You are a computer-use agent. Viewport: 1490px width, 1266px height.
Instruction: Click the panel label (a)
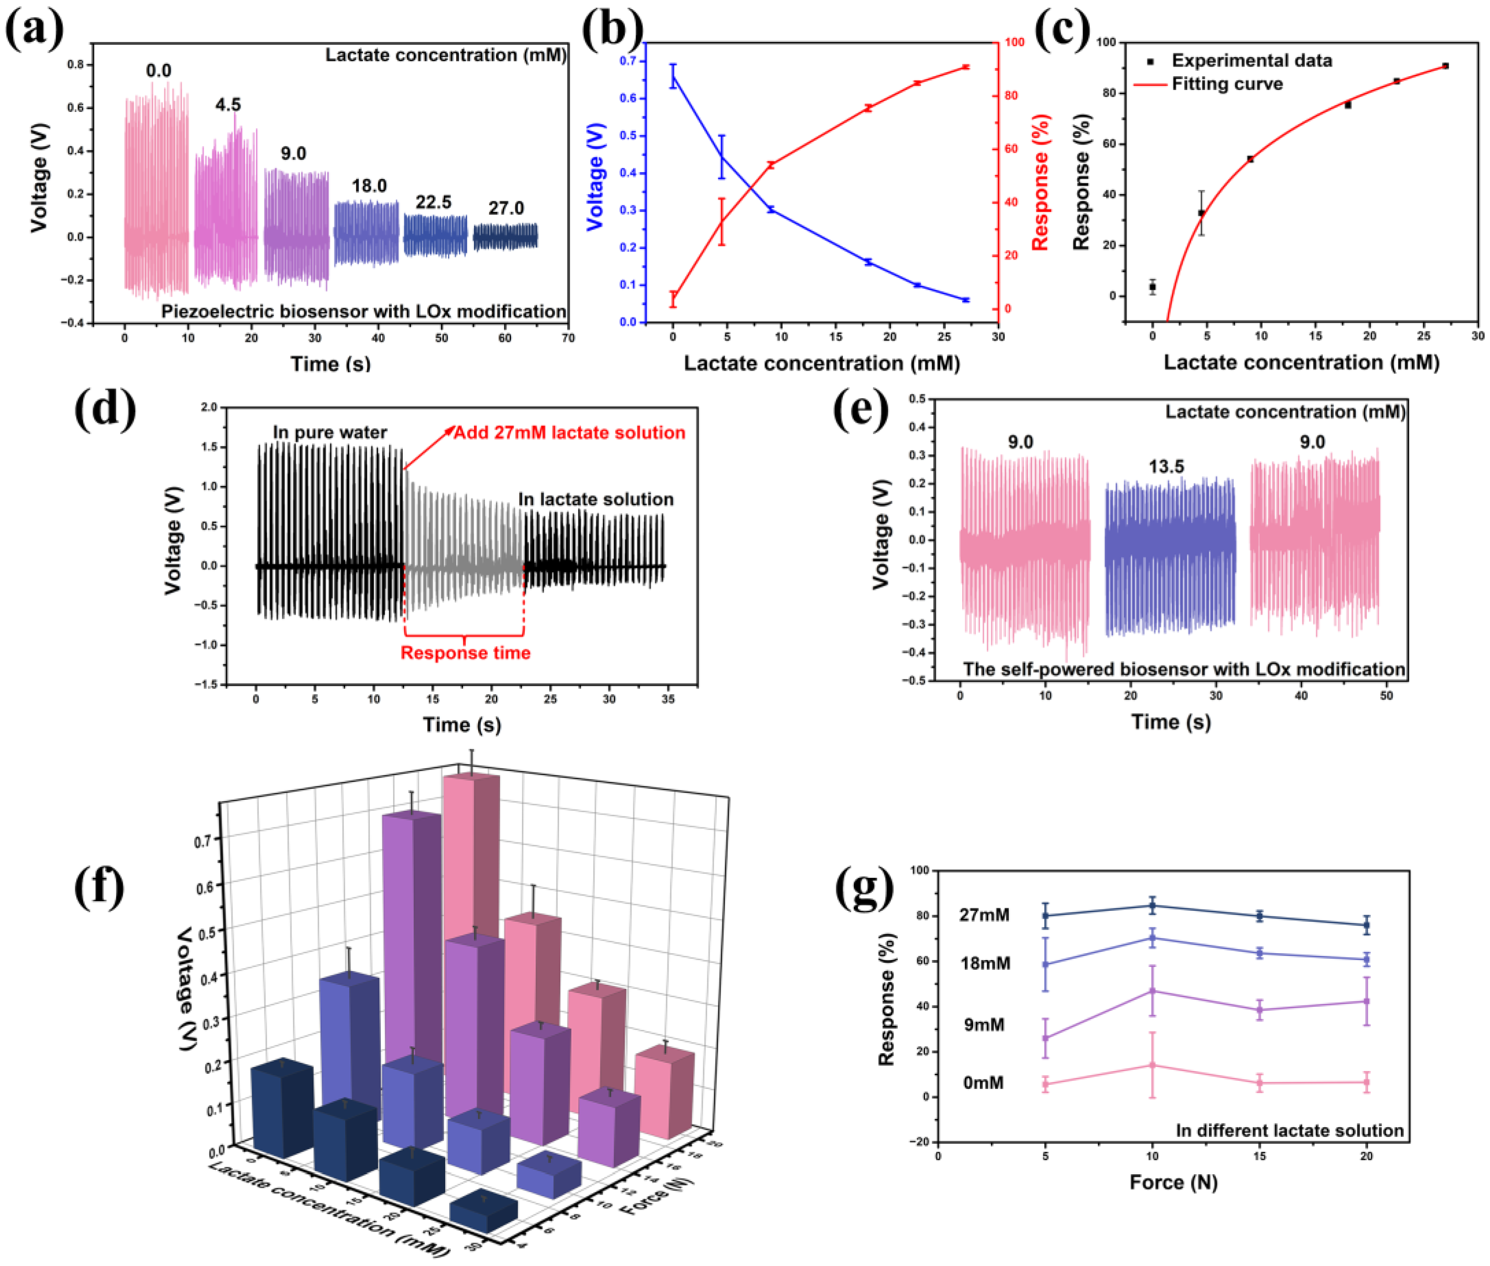34,30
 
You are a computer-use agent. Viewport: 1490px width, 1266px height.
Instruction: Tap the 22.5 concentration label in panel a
433,202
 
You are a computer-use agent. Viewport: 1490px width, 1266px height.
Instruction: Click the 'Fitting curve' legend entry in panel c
1226,84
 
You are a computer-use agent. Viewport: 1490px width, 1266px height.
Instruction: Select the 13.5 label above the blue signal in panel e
1166,467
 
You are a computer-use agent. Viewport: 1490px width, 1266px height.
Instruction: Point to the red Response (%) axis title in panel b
1040,182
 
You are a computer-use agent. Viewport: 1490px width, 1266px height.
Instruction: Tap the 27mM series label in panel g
984,915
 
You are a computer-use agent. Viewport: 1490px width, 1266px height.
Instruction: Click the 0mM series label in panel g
983,1082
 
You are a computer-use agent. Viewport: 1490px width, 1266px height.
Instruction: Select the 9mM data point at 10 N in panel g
1152,991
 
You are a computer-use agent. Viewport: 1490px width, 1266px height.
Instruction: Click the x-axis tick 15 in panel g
1259,1156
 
